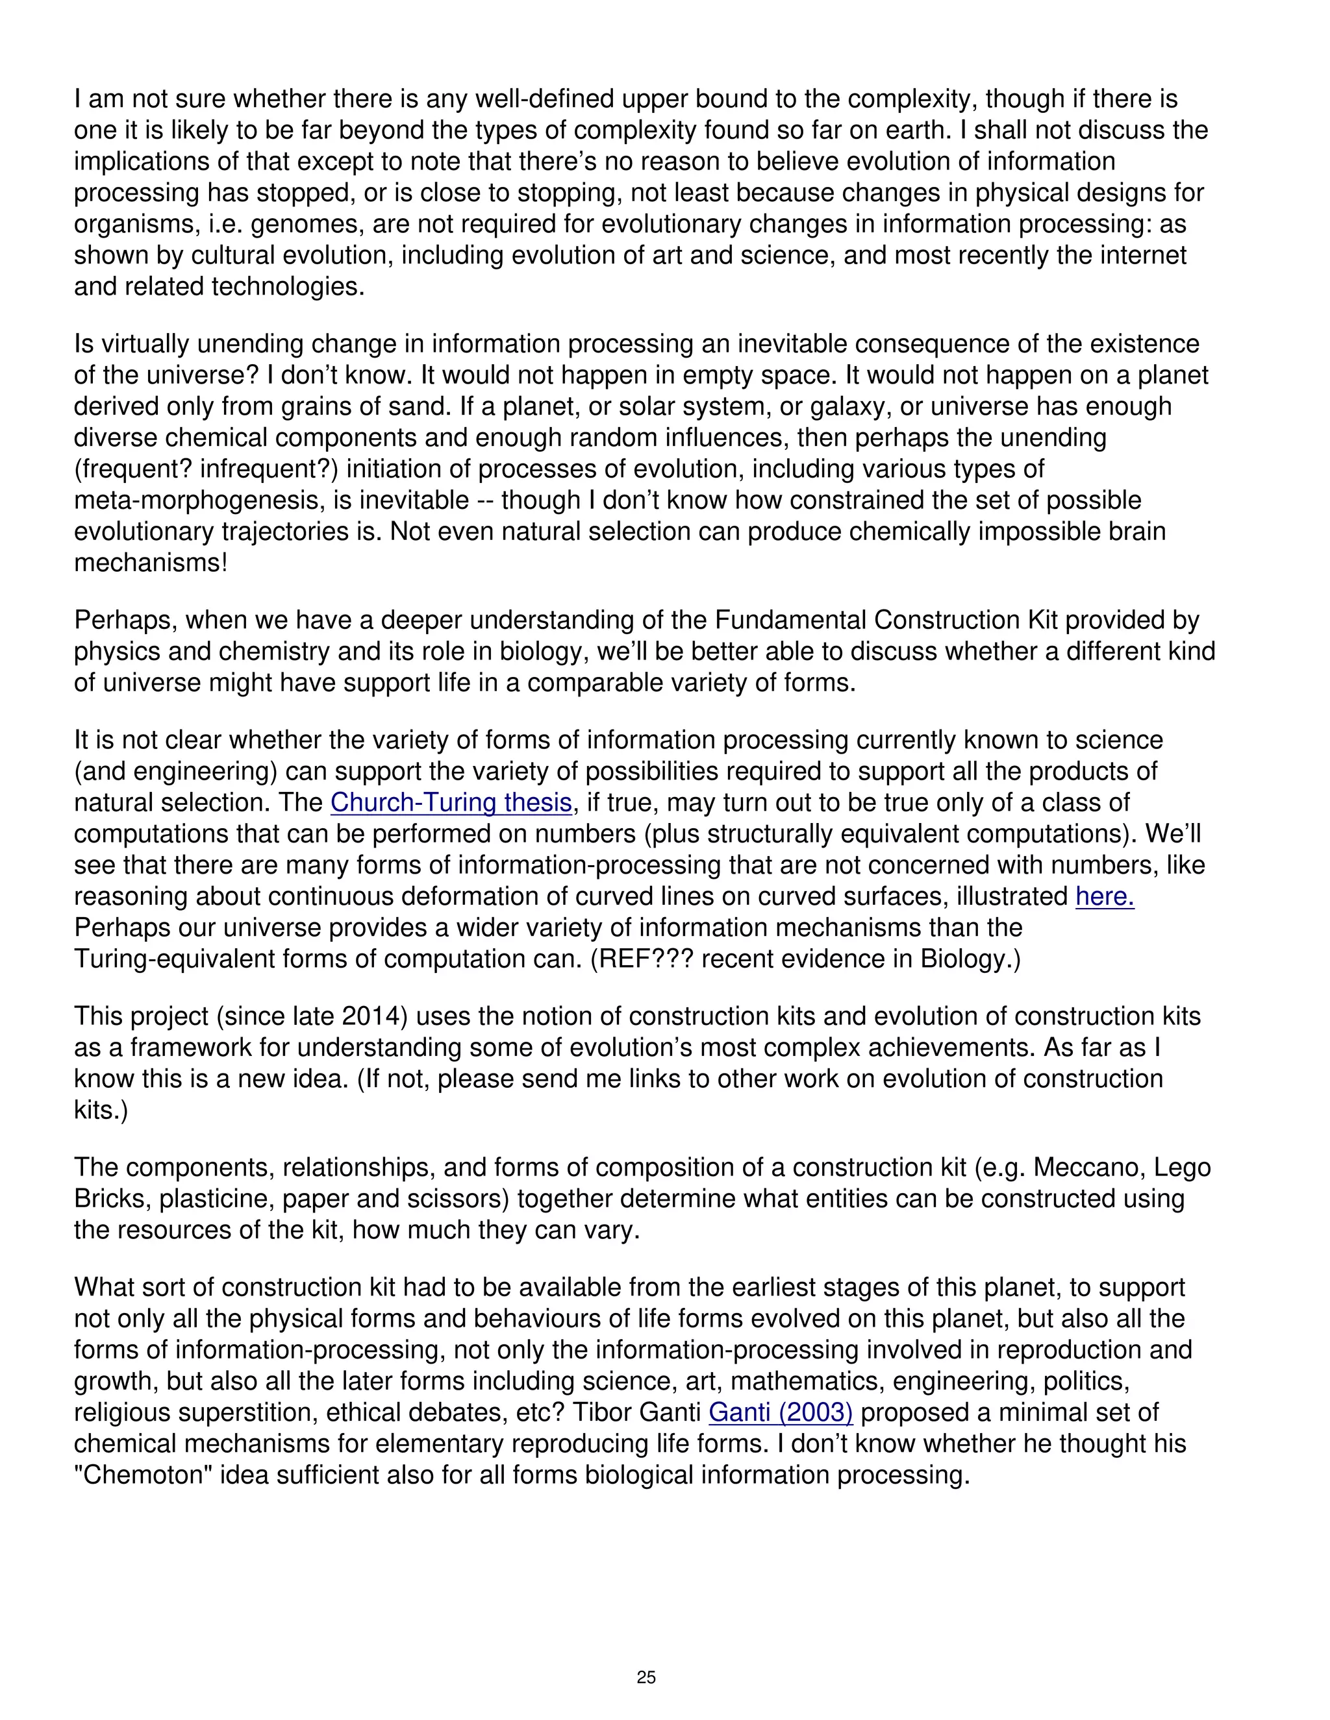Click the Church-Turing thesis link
[x=451, y=802]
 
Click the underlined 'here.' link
[x=1105, y=896]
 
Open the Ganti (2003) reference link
[x=780, y=1412]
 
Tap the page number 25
[x=646, y=1677]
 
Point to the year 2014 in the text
[x=374, y=1016]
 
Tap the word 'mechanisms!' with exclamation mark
[x=151, y=563]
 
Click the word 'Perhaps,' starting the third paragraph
[x=125, y=620]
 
